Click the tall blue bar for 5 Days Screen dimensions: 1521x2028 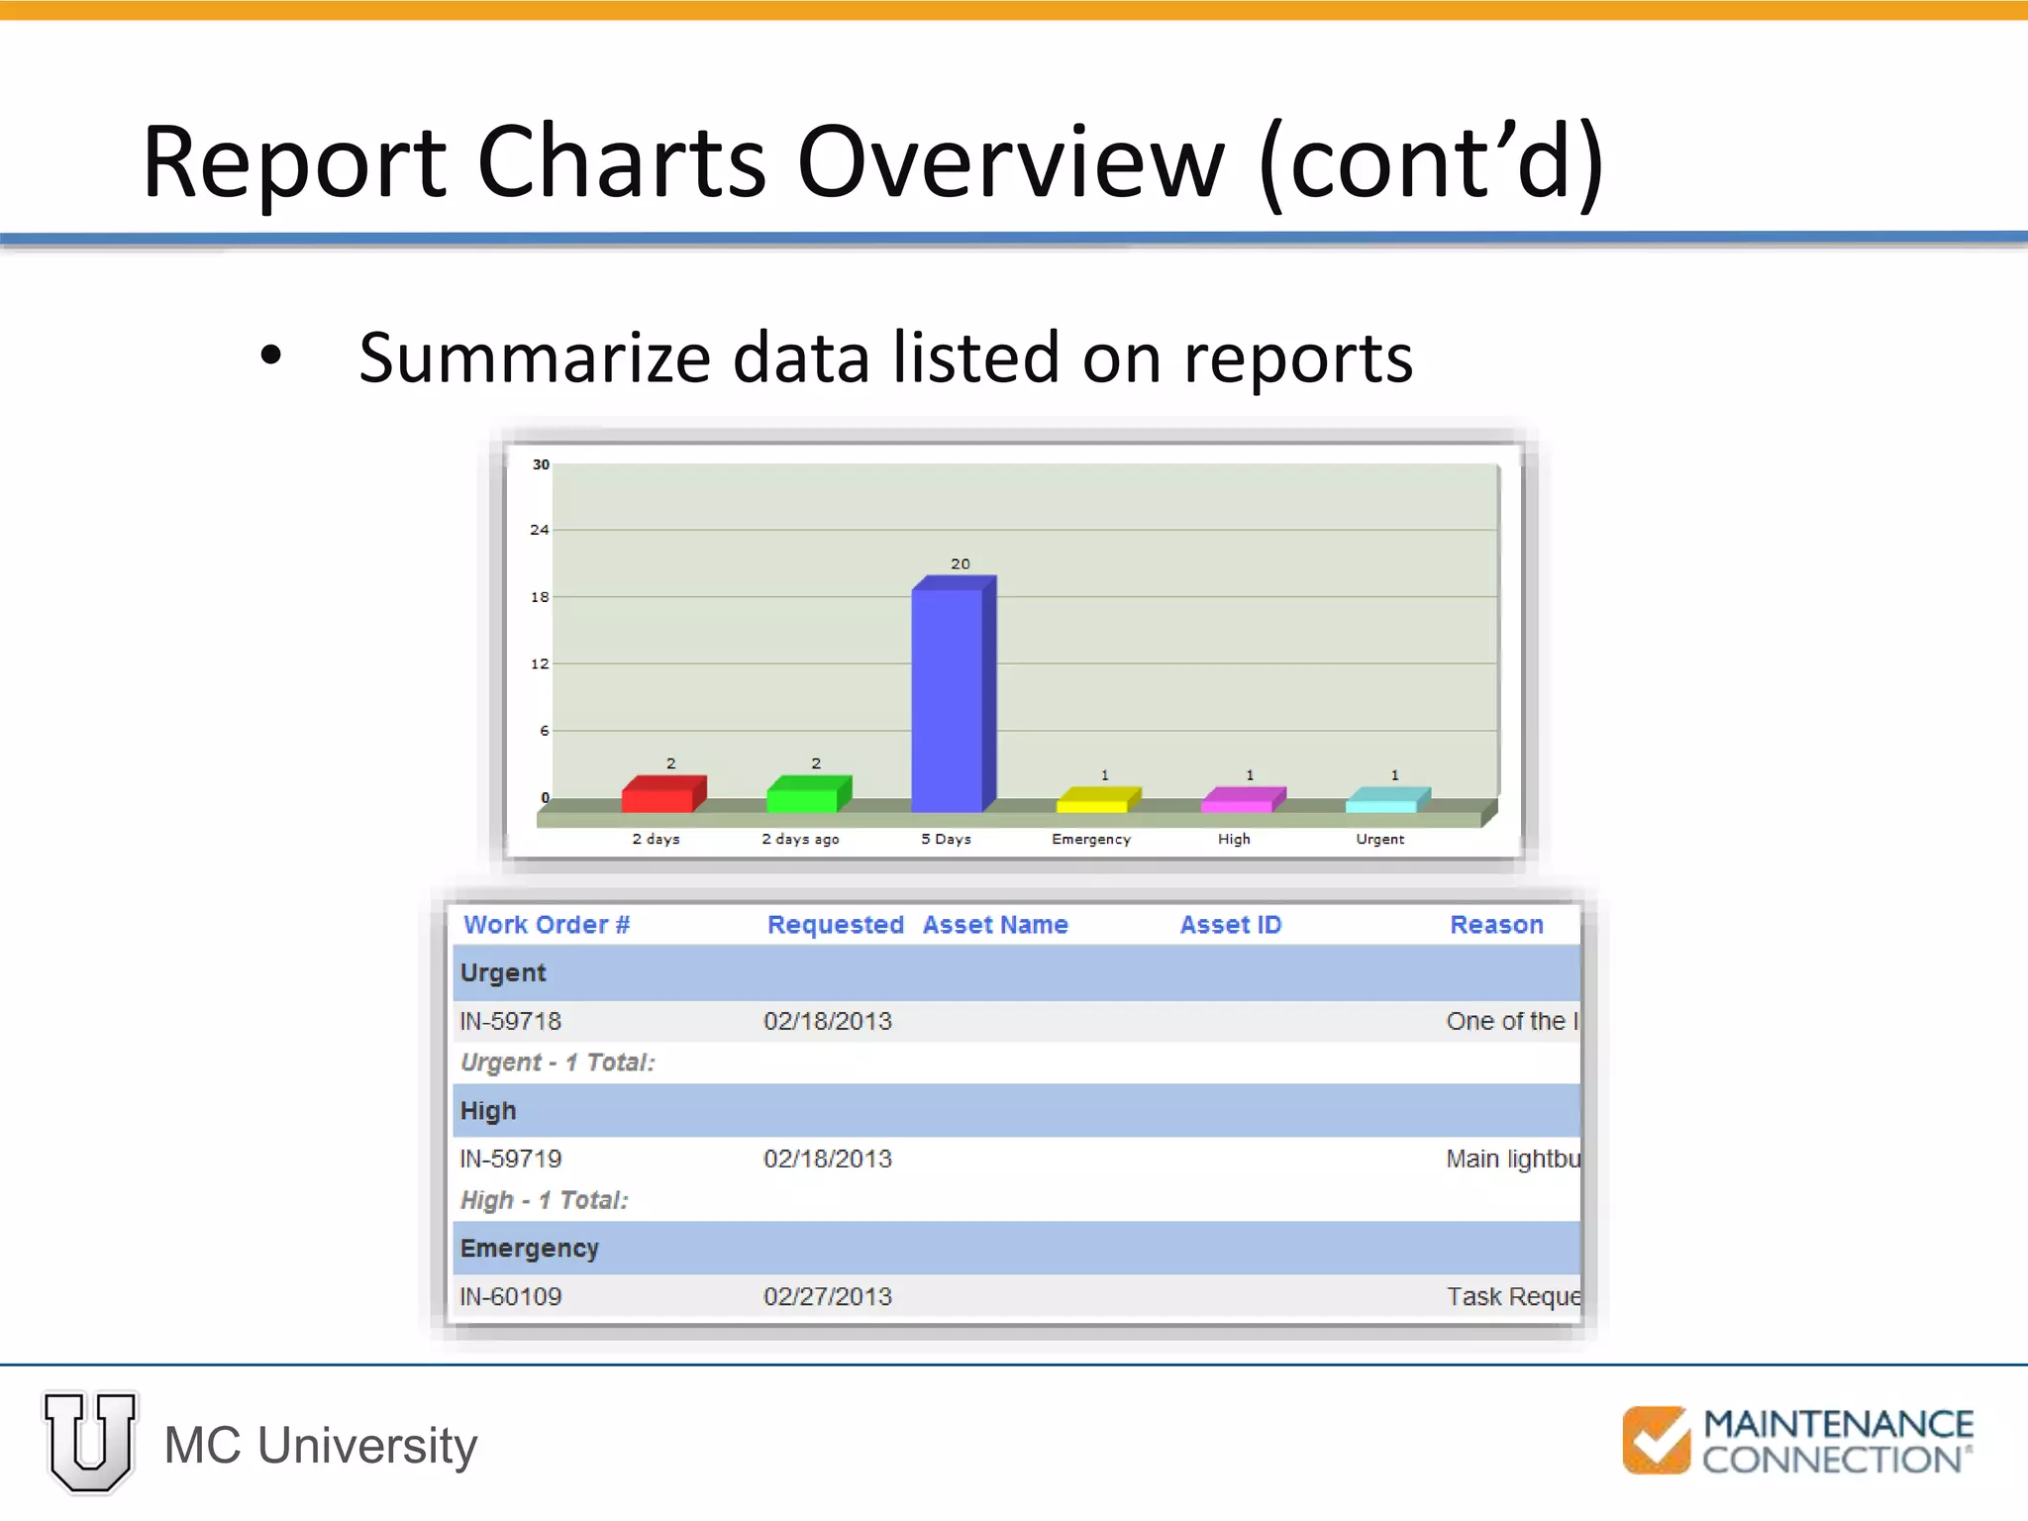pos(948,698)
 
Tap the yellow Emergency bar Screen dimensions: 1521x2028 pos(1093,801)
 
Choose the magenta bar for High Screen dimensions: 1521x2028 pos(1238,801)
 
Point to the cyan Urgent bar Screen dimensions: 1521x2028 pos(1382,801)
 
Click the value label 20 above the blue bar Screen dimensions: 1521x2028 pos(961,563)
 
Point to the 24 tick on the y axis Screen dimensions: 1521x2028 pos(540,530)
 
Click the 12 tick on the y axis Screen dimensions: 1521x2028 pos(540,663)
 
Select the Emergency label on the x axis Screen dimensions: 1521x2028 pos(1091,839)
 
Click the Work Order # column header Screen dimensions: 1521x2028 pos(547,925)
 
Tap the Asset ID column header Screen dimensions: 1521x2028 pos(1231,925)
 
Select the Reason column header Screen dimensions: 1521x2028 pos(1496,925)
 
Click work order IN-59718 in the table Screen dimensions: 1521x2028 pos(511,1021)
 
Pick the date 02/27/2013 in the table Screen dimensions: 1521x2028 pos(828,1296)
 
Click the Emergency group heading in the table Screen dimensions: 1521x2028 pos(530,1248)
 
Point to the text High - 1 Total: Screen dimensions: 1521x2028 pos(545,1200)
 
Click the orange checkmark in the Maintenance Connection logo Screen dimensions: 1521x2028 pos(1656,1440)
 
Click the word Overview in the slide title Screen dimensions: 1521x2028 pos(1010,161)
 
